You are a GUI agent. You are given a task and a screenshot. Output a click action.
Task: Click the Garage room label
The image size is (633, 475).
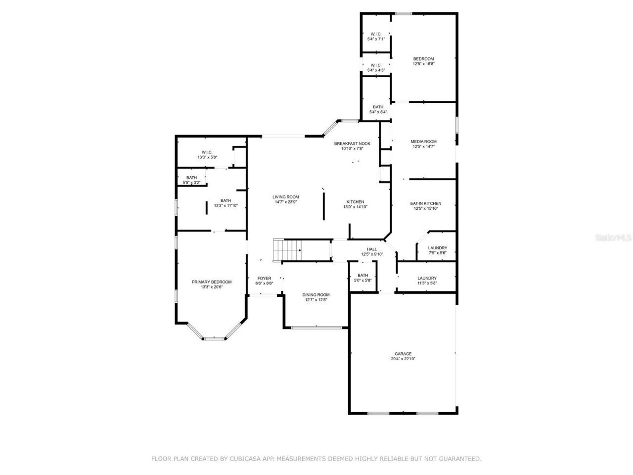[403, 354]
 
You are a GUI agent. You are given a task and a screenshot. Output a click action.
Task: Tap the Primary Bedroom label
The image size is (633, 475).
[211, 282]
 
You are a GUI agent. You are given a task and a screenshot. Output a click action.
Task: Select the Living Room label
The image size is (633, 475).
[286, 197]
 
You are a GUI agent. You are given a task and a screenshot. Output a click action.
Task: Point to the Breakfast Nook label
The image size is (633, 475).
[352, 143]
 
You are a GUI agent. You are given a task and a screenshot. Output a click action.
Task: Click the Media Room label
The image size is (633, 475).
[423, 142]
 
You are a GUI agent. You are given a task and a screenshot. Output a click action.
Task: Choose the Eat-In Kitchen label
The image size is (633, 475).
[426, 203]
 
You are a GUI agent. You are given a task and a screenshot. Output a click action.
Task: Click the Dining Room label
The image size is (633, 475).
[316, 295]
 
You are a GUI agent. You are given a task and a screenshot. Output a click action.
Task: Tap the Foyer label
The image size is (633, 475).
[264, 278]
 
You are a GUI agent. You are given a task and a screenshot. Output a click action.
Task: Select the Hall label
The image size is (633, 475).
[372, 249]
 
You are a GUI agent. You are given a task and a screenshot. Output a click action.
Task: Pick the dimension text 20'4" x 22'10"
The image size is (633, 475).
[403, 359]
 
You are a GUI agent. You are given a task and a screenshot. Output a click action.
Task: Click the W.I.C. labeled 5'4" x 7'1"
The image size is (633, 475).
[376, 36]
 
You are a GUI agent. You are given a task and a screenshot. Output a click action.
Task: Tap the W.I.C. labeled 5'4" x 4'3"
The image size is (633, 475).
[376, 67]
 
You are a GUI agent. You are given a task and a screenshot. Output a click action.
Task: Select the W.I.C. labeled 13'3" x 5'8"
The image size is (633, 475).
[207, 154]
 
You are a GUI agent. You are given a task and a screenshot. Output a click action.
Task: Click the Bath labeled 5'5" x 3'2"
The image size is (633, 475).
[191, 180]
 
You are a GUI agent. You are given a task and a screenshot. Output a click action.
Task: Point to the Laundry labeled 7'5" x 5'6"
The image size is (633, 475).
[437, 250]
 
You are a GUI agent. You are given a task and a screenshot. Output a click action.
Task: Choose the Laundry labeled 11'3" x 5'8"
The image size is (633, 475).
[427, 281]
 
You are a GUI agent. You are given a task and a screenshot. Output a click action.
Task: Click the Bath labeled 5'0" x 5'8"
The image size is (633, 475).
[363, 278]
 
